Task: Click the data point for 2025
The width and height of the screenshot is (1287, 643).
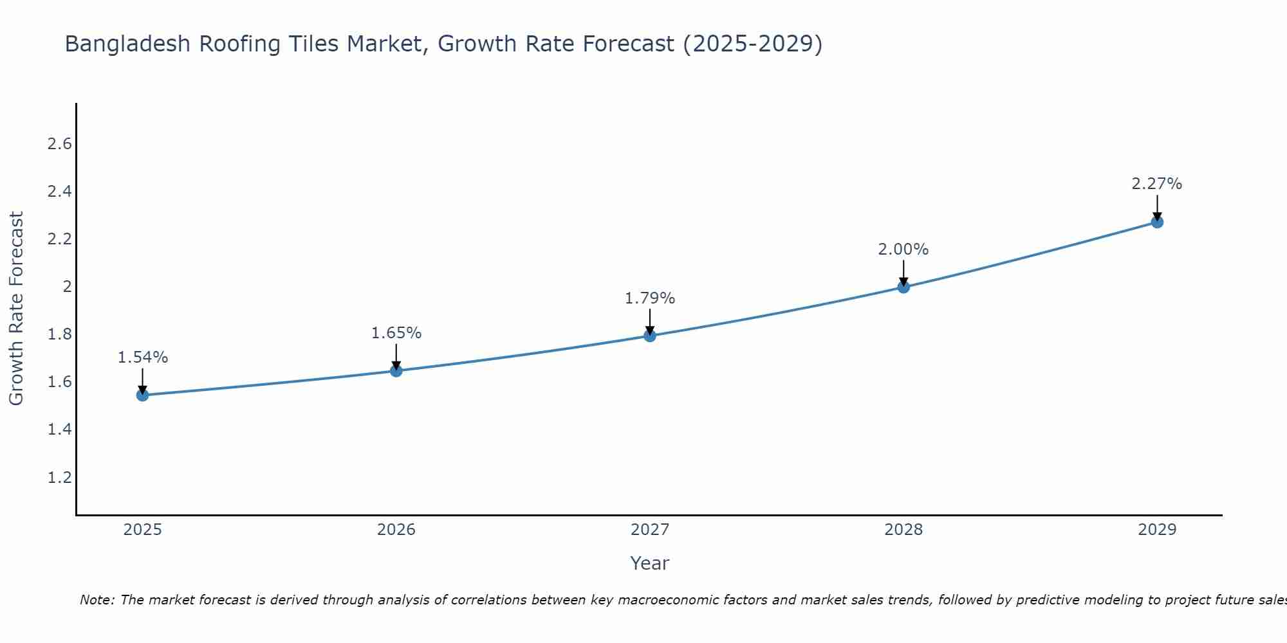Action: [142, 395]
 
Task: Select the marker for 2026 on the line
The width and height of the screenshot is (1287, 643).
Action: [396, 371]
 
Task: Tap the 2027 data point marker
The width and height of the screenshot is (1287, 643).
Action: [650, 336]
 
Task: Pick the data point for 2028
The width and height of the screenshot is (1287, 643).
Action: [903, 287]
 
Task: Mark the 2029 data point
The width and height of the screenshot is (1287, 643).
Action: [1157, 222]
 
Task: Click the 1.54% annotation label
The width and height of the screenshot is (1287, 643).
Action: [143, 358]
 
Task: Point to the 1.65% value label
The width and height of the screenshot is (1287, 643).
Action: [396, 333]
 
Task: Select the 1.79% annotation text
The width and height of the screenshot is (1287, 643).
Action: [650, 298]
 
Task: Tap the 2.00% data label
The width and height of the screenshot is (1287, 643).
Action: [903, 249]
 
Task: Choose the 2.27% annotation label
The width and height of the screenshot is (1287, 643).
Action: [1157, 184]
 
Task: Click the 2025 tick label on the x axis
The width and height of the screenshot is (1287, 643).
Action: [142, 530]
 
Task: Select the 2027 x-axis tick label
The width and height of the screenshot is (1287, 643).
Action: [650, 530]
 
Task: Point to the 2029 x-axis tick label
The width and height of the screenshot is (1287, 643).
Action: [1157, 530]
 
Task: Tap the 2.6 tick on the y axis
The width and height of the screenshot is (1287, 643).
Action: [60, 144]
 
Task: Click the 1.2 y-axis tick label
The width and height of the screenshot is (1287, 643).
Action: [60, 478]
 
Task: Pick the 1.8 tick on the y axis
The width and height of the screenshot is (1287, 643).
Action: [60, 334]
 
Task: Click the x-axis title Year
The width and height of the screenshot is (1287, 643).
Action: [650, 563]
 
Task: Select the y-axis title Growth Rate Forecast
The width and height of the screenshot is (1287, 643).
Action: [16, 309]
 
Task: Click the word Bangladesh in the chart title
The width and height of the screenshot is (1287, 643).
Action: [128, 44]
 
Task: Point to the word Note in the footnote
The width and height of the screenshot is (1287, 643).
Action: [97, 600]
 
